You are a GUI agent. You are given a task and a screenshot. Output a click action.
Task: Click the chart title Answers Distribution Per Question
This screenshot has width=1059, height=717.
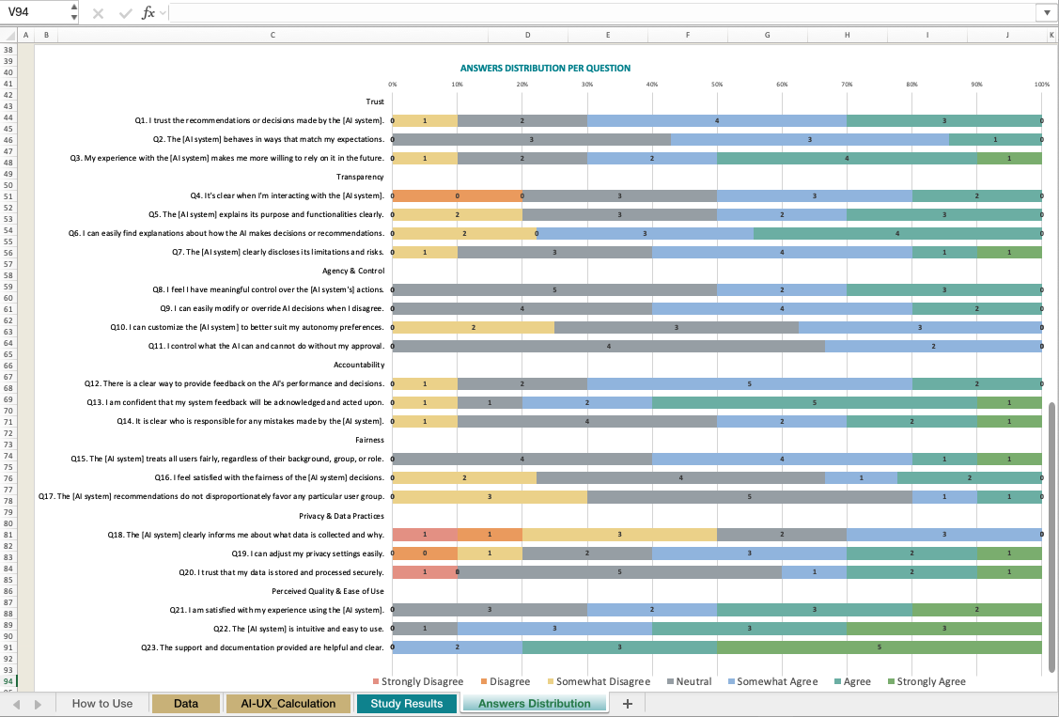pyautogui.click(x=545, y=69)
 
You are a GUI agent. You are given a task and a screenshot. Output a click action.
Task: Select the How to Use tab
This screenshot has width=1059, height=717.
pyautogui.click(x=102, y=703)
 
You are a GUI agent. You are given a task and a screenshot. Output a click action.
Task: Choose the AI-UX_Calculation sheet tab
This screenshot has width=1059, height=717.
pyautogui.click(x=288, y=703)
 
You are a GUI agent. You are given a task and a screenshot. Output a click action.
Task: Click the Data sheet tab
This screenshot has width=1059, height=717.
pyautogui.click(x=186, y=703)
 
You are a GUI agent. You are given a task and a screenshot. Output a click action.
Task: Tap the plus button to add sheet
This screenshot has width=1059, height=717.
pyautogui.click(x=628, y=703)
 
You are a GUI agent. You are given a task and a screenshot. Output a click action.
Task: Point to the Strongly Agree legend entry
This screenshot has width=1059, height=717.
pyautogui.click(x=930, y=681)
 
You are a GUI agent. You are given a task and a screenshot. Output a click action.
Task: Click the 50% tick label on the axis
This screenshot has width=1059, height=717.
pyautogui.click(x=717, y=84)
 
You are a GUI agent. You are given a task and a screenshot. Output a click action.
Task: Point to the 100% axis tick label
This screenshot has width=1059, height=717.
pyautogui.click(x=1041, y=84)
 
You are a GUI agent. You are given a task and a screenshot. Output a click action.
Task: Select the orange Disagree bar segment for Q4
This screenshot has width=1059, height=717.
pyautogui.click(x=457, y=195)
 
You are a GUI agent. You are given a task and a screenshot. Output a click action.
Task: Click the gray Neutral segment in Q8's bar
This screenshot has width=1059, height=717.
pyautogui.click(x=554, y=289)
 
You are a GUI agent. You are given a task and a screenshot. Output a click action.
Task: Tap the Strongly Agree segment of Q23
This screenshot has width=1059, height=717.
pyautogui.click(x=880, y=647)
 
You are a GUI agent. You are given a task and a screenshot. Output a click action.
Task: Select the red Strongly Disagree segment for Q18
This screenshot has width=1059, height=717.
pyautogui.click(x=425, y=535)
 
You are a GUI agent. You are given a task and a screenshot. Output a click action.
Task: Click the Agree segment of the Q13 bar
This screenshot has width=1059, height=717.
pyautogui.click(x=814, y=402)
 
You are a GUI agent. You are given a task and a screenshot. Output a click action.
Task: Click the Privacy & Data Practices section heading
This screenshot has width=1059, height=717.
pyautogui.click(x=341, y=516)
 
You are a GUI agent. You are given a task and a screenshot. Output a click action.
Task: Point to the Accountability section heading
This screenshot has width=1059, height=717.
pyautogui.click(x=359, y=365)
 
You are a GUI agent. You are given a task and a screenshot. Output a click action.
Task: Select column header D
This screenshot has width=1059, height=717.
pyautogui.click(x=527, y=35)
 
